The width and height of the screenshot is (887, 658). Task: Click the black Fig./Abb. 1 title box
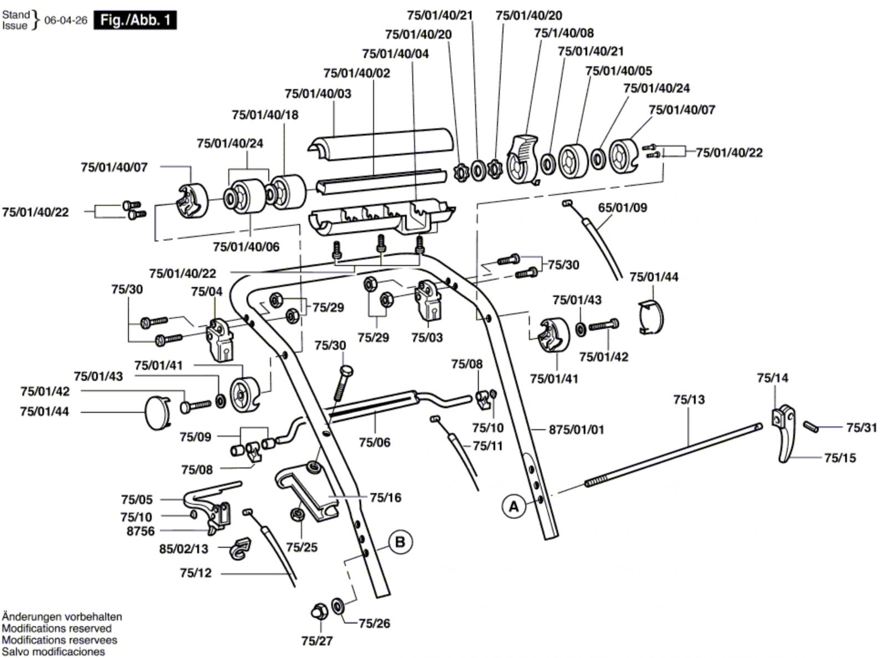click(x=135, y=21)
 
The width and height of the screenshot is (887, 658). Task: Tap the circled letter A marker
click(x=513, y=507)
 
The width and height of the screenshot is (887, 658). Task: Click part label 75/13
click(x=689, y=399)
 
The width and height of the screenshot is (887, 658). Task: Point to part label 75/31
click(x=861, y=428)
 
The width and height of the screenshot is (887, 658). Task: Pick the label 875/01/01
click(x=577, y=429)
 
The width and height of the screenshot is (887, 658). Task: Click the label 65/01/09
click(x=623, y=207)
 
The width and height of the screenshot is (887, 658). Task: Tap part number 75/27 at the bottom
click(x=317, y=641)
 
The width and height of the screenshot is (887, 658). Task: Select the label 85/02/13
click(x=184, y=549)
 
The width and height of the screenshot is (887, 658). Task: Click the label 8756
click(x=141, y=531)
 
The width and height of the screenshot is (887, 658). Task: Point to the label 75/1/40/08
click(x=564, y=33)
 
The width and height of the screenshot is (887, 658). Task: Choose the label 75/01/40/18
click(x=265, y=115)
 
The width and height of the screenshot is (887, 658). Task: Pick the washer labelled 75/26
click(x=337, y=605)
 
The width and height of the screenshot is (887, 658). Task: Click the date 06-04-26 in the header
click(x=66, y=21)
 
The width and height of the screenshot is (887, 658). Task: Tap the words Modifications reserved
click(x=57, y=629)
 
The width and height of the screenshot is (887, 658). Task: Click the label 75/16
click(x=385, y=498)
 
